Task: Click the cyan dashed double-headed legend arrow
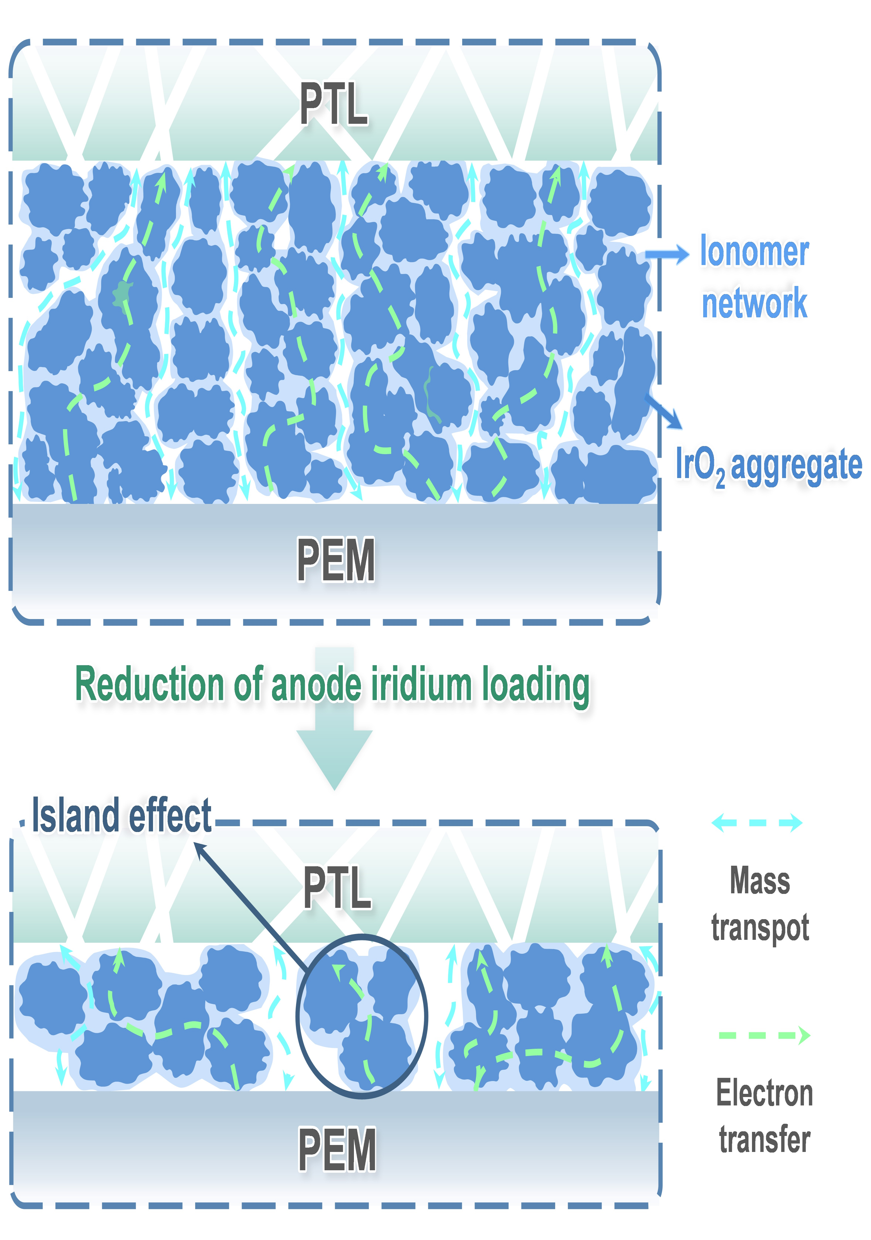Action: (x=757, y=822)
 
